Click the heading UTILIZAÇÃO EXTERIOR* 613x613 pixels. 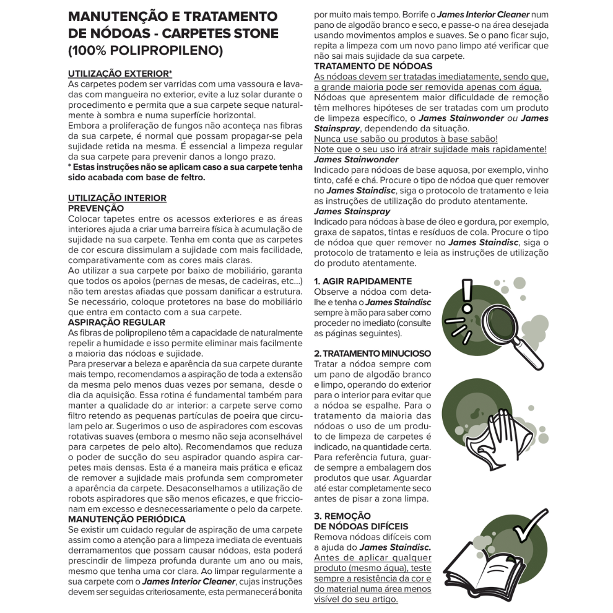tap(120, 73)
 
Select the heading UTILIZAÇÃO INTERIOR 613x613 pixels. tap(117, 198)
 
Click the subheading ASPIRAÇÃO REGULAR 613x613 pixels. tap(116, 323)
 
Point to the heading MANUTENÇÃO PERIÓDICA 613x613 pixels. tap(126, 518)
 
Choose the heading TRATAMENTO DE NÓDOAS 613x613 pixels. tap(373, 66)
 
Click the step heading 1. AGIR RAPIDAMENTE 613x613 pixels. tap(363, 281)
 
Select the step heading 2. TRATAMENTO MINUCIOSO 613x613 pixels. tap(373, 354)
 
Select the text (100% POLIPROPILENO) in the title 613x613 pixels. tap(146, 50)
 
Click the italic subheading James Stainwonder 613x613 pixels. tap(356, 159)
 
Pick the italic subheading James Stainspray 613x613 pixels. tap(352, 211)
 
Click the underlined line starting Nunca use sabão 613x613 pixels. tap(406, 139)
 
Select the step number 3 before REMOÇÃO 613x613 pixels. tap(317, 516)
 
